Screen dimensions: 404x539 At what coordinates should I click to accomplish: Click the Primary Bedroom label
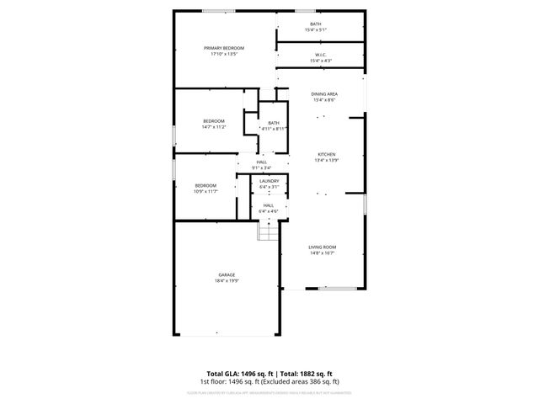click(224, 48)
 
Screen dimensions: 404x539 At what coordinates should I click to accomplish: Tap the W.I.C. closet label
click(321, 55)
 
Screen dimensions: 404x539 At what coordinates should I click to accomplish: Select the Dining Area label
click(323, 93)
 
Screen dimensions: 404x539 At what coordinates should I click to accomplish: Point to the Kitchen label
click(326, 154)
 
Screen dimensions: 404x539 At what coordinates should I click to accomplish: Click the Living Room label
click(323, 247)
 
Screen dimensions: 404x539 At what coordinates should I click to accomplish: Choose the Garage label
click(227, 274)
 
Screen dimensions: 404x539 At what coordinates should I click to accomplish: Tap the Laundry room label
click(269, 181)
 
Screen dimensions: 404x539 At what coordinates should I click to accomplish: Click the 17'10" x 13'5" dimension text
click(224, 55)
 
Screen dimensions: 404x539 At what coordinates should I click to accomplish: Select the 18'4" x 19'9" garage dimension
click(227, 280)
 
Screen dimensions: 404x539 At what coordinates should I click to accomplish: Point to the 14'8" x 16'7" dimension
click(323, 252)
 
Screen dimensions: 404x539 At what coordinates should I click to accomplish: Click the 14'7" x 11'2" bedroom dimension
click(214, 127)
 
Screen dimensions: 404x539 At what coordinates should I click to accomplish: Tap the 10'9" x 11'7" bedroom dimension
click(206, 191)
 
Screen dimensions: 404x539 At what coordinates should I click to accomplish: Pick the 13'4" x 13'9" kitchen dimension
click(326, 160)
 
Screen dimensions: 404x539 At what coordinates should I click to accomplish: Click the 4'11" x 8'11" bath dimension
click(274, 128)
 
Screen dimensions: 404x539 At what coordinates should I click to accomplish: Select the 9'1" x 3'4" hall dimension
click(262, 167)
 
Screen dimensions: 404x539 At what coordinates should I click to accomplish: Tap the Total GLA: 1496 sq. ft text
click(238, 373)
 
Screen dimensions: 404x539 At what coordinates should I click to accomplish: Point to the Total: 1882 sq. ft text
click(307, 373)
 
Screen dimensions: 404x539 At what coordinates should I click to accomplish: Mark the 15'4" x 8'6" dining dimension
click(323, 99)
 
